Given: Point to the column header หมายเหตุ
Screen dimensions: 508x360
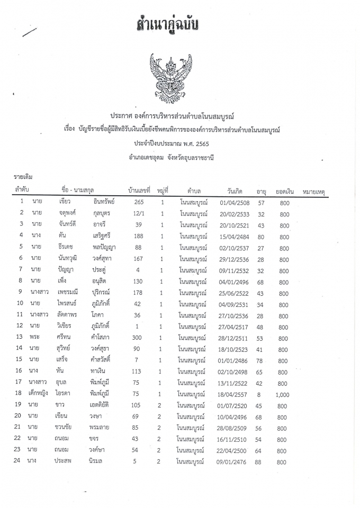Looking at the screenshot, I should point(314,190).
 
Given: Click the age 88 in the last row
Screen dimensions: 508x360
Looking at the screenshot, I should point(259,462).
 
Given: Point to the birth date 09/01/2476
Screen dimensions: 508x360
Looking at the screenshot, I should point(227,462).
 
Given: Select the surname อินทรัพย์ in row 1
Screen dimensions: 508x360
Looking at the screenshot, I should point(103,202).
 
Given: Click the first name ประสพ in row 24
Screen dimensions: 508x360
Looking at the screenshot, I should point(62,462).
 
